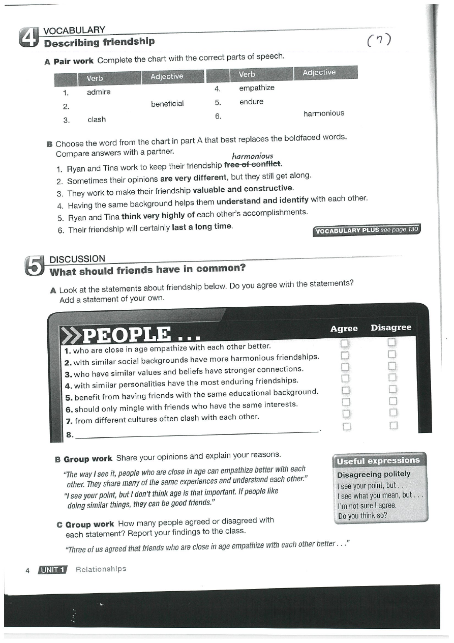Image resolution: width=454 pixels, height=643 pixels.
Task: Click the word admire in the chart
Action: pyautogui.click(x=99, y=92)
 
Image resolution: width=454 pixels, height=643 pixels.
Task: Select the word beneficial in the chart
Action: pyautogui.click(x=167, y=104)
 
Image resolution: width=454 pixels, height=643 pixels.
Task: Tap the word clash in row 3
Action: pyautogui.click(x=97, y=120)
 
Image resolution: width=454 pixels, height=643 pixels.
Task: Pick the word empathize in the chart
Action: pyautogui.click(x=256, y=88)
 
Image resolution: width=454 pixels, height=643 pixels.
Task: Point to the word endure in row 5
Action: pyautogui.click(x=251, y=102)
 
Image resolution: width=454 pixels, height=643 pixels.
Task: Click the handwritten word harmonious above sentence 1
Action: pyautogui.click(x=252, y=156)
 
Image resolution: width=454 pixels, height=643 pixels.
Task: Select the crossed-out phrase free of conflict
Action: pyautogui.click(x=253, y=164)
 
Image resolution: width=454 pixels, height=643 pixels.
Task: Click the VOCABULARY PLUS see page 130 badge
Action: pyautogui.click(x=367, y=230)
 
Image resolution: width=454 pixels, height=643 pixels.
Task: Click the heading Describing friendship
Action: pyautogui.click(x=99, y=42)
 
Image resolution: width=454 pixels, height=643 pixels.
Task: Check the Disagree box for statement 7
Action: pyautogui.click(x=392, y=412)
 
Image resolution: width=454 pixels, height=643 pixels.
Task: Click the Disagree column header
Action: pyautogui.click(x=390, y=328)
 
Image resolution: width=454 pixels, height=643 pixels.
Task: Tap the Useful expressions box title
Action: pyautogui.click(x=378, y=460)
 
